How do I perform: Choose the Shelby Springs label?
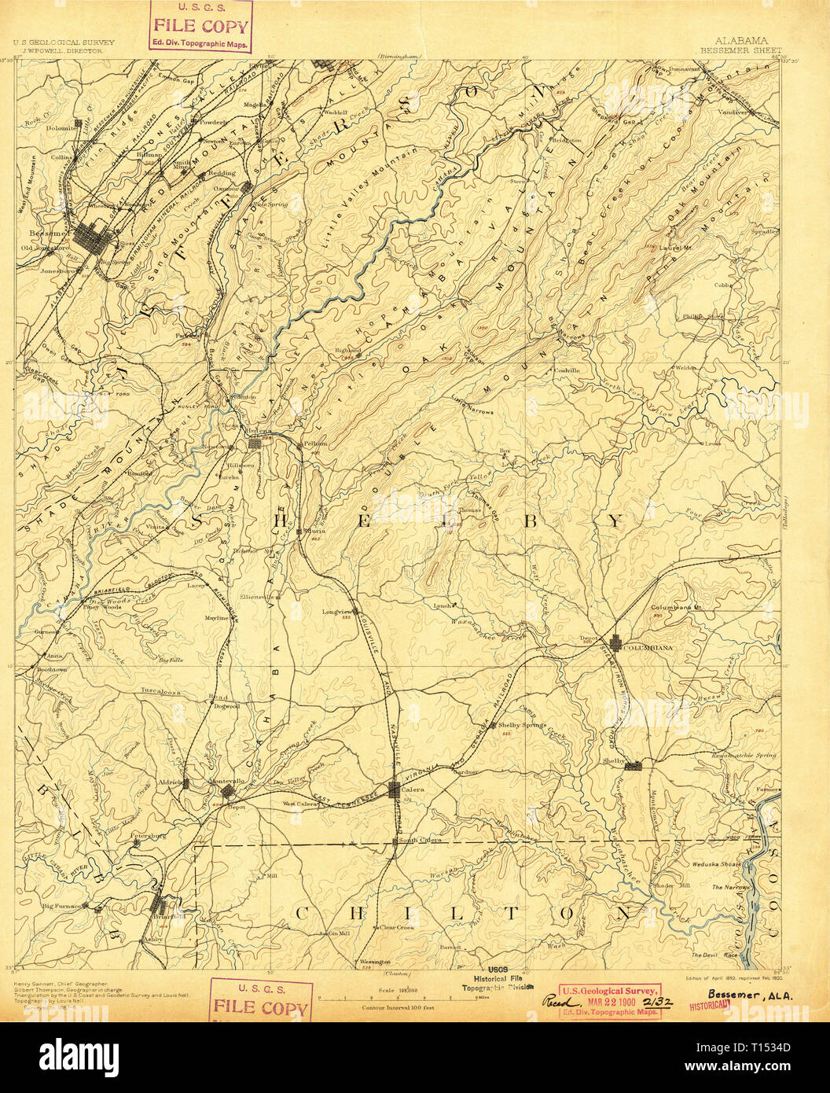pos(523,725)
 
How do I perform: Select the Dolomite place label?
pos(59,127)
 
